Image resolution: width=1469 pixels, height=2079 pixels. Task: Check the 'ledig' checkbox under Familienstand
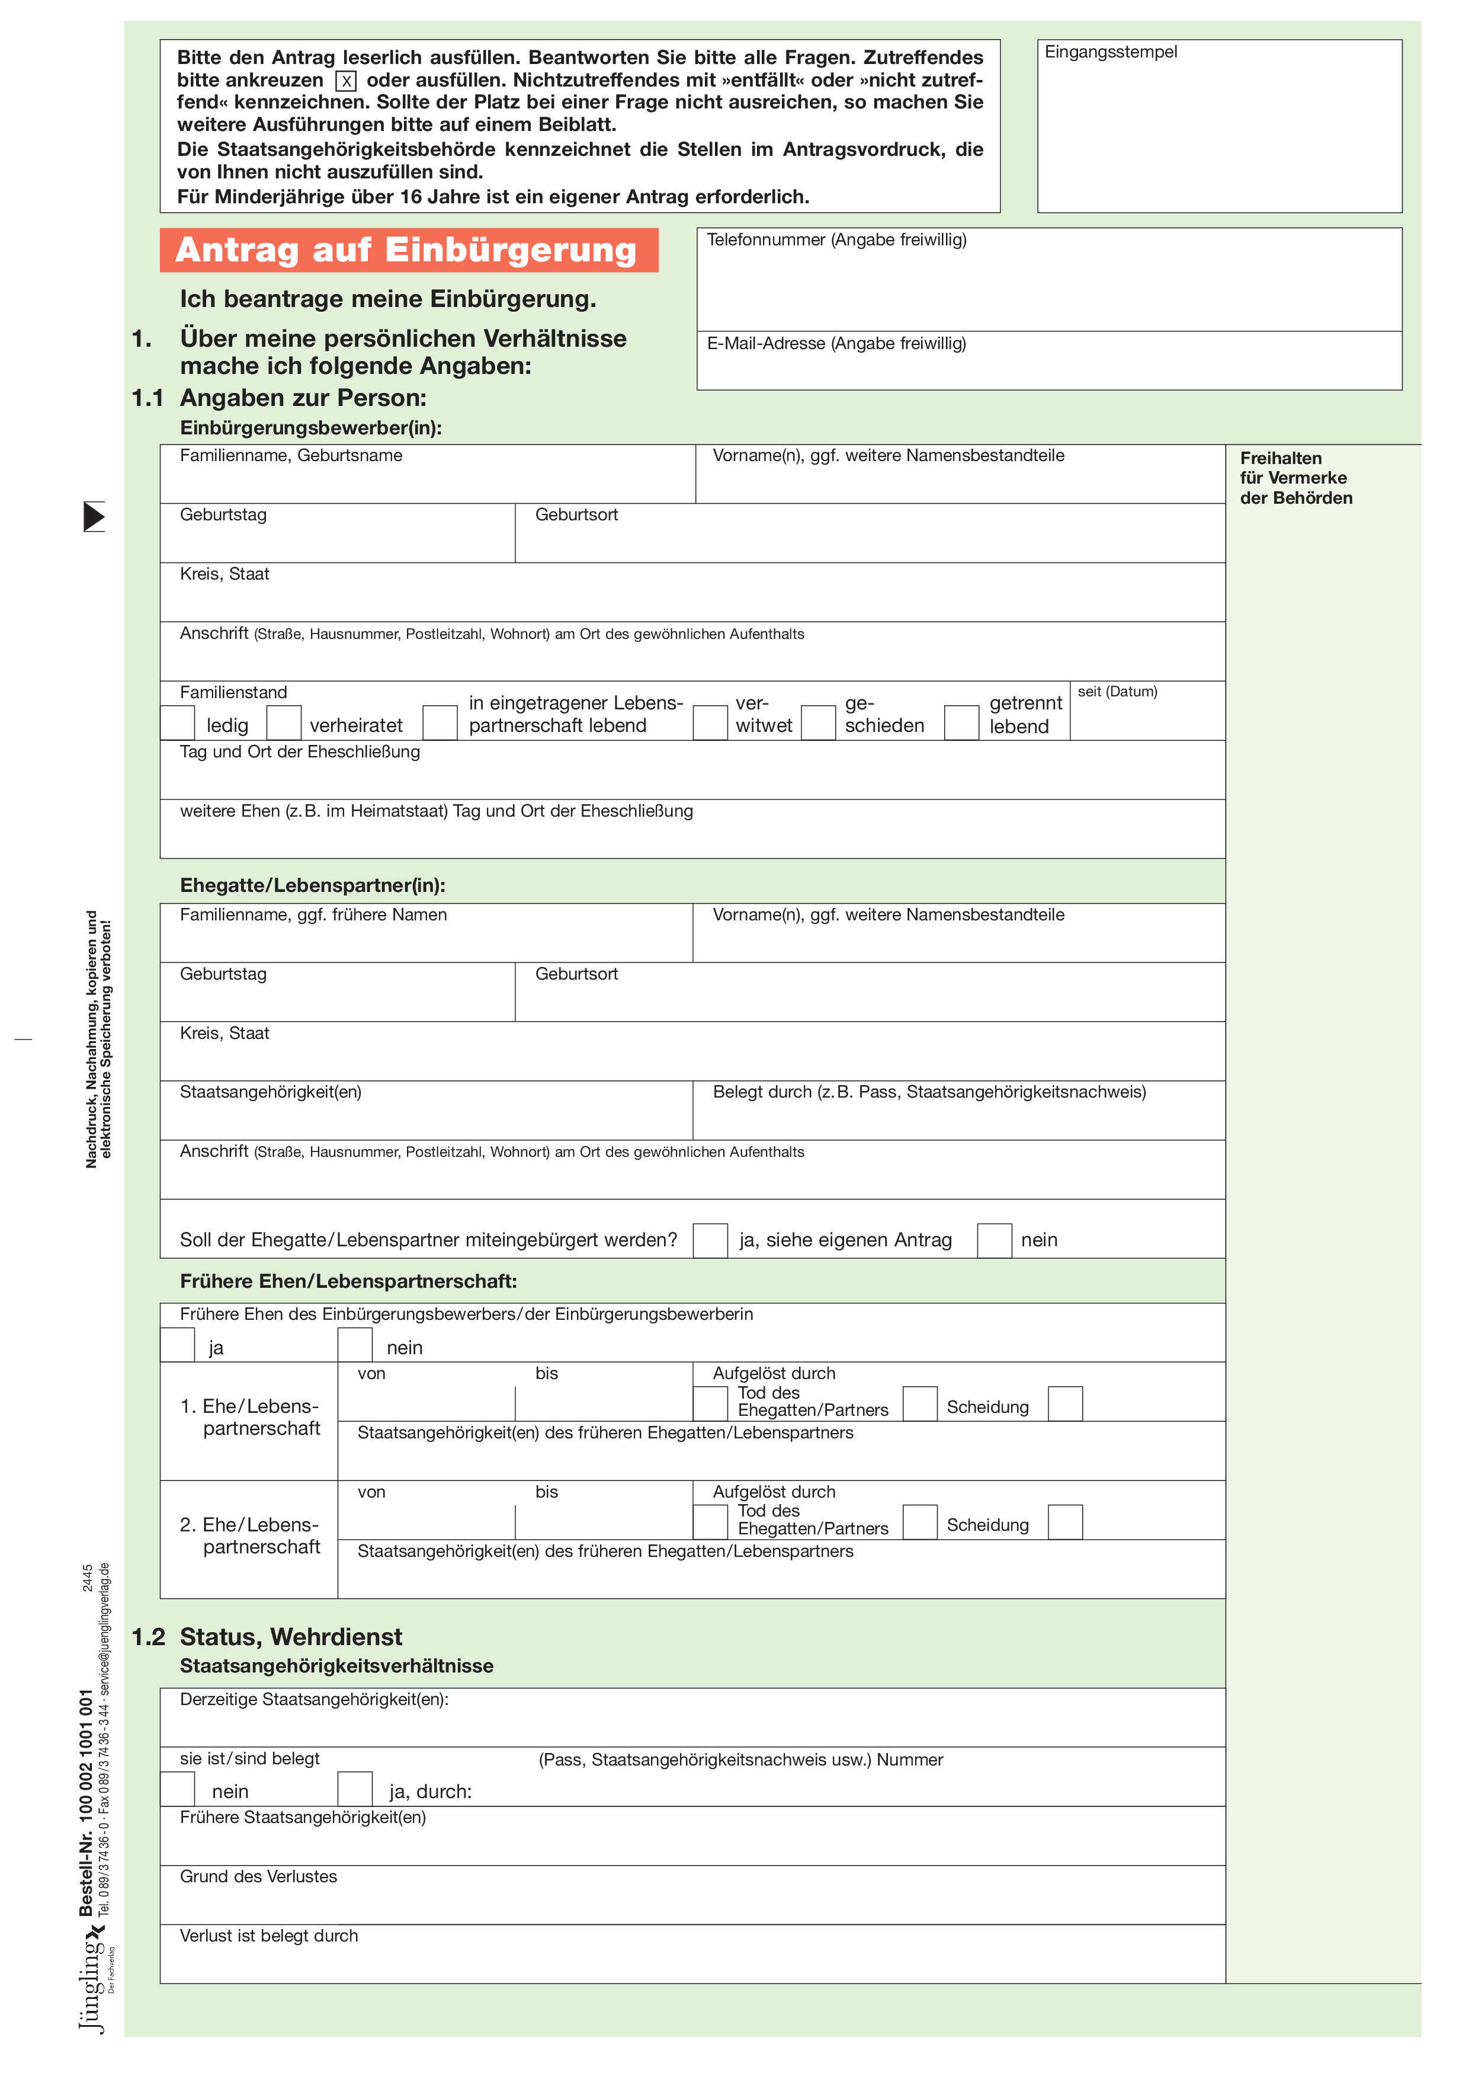point(177,722)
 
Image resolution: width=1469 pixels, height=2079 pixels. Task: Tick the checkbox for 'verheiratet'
point(283,722)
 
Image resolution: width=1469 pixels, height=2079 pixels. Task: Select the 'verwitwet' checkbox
point(711,722)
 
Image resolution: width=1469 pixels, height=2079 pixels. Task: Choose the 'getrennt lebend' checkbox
point(961,722)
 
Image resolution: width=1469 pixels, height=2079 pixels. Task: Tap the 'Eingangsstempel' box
point(1218,127)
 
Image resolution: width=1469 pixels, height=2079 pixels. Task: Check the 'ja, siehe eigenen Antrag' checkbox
point(711,1240)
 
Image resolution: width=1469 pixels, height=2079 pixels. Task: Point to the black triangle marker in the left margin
point(94,516)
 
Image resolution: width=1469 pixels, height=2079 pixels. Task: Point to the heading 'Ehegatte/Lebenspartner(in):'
point(312,885)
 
